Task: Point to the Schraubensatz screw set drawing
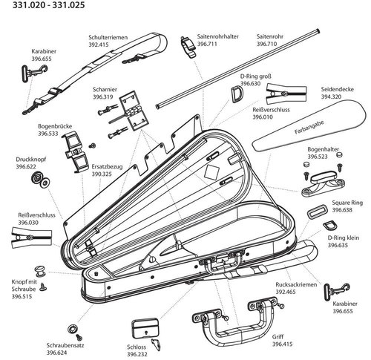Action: coord(73,327)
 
